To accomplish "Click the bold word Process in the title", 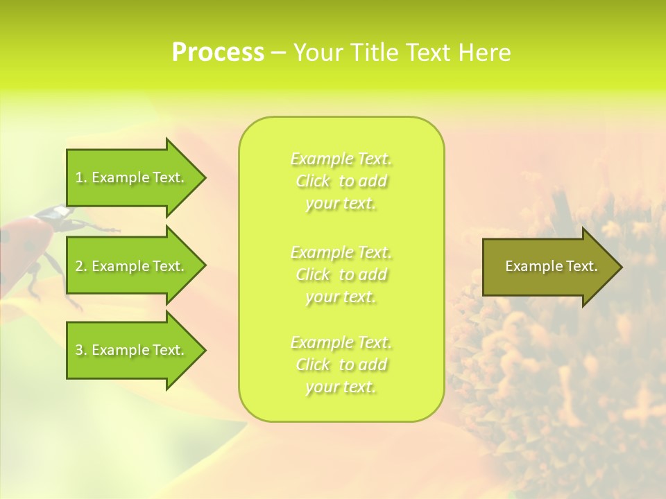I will coord(218,53).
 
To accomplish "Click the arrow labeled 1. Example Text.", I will coord(132,177).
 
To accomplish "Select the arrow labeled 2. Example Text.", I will coord(132,266).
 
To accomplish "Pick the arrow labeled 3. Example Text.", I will coord(132,350).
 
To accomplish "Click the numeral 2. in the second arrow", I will coord(81,266).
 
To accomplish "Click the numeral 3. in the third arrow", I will coord(81,350).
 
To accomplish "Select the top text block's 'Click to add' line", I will coord(341,182).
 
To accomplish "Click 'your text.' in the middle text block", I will coord(341,297).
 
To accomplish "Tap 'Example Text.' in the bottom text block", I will coord(341,342).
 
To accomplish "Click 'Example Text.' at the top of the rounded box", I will coord(341,159).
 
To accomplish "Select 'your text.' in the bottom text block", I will coord(341,387).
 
